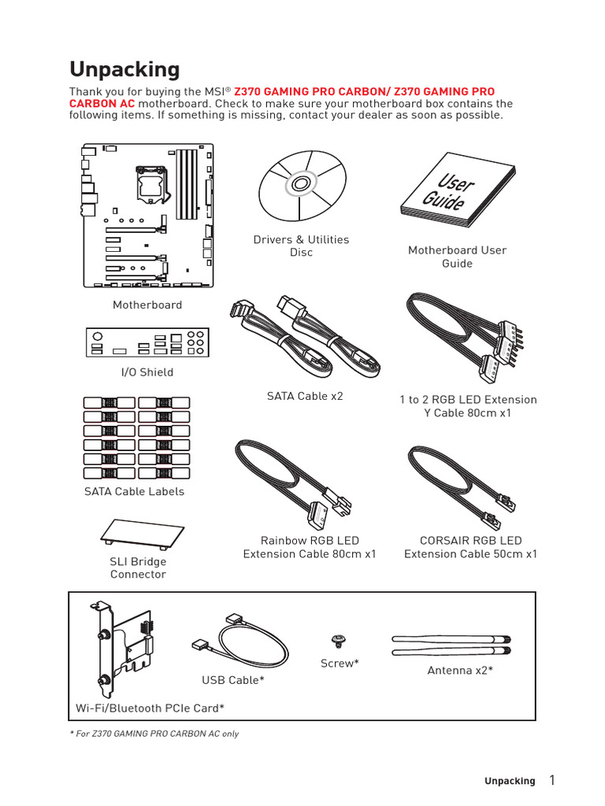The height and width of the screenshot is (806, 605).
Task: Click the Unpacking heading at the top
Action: coord(124,69)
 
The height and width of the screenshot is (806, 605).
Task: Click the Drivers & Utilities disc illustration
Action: coord(301,186)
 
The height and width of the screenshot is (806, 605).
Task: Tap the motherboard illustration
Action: coord(147,215)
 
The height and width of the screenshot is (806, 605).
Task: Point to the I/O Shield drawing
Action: coord(147,343)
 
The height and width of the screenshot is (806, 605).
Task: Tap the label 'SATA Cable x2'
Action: coord(305,396)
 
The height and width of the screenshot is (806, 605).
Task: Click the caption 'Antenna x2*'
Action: coord(460,671)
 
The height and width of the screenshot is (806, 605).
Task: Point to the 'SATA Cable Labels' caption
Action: coord(134,491)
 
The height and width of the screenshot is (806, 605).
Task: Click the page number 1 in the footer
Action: coord(551,781)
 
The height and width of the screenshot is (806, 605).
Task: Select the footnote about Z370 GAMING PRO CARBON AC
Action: coord(154,734)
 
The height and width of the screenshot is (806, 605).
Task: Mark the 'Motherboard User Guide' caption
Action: coord(457,257)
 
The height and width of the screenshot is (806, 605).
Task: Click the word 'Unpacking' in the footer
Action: coord(509,782)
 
